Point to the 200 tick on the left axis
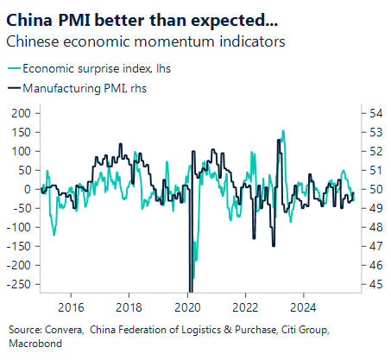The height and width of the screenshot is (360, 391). (19, 113)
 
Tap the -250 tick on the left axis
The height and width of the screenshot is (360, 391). (17, 283)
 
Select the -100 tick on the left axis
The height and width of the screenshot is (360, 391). (17, 226)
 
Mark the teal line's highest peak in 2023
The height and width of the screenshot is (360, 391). (283, 131)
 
